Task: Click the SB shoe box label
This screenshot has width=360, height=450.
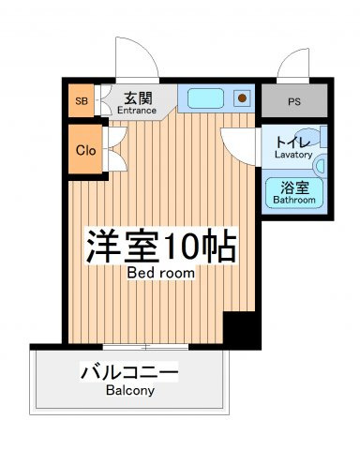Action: tap(82, 101)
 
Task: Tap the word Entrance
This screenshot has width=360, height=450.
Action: tap(137, 111)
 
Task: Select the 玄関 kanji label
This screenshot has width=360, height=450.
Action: tap(138, 98)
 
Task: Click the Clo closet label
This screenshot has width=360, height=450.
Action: tap(85, 151)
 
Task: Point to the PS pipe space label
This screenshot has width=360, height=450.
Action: tap(294, 102)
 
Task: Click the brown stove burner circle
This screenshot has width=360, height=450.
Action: tap(242, 98)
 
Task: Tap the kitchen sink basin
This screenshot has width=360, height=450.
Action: tap(205, 98)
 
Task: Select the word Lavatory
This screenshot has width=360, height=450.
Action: tap(293, 155)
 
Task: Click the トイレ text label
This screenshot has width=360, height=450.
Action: tap(292, 143)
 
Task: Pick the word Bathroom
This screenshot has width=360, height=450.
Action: tap(294, 200)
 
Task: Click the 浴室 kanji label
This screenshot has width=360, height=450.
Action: tap(294, 187)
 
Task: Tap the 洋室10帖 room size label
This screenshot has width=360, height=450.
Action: tap(161, 247)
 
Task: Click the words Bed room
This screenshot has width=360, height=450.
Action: tap(161, 273)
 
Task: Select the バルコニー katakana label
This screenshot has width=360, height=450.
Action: tap(129, 372)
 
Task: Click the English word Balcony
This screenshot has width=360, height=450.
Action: tap(130, 391)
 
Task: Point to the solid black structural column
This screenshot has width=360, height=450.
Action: tap(242, 330)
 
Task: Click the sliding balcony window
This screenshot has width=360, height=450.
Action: tap(145, 347)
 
